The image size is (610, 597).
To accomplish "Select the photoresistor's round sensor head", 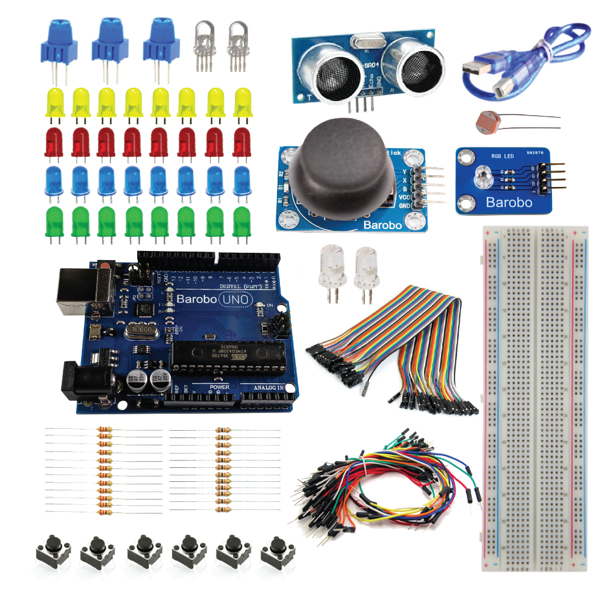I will [484, 121].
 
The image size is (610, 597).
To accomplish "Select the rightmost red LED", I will [242, 141].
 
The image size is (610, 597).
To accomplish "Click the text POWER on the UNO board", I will [219, 387].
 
